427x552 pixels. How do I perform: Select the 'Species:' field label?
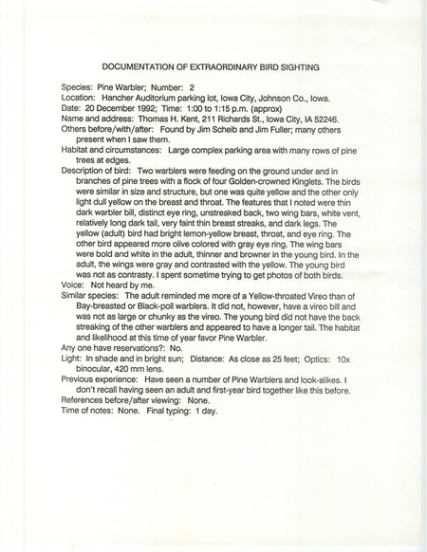click(x=78, y=84)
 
